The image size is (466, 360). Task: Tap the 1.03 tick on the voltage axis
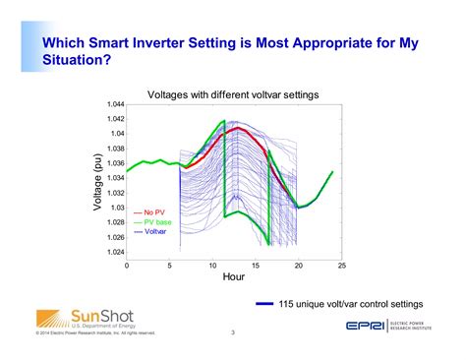tap(115, 208)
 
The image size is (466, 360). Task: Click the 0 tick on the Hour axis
tap(126, 266)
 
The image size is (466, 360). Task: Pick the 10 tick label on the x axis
tap(213, 266)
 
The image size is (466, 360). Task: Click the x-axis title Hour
tap(233, 278)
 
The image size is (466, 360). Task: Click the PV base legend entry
tap(156, 222)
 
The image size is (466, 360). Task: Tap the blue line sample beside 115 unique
tap(263, 304)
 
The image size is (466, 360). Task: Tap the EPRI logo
tap(369, 327)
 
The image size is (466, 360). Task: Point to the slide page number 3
tap(233, 332)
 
